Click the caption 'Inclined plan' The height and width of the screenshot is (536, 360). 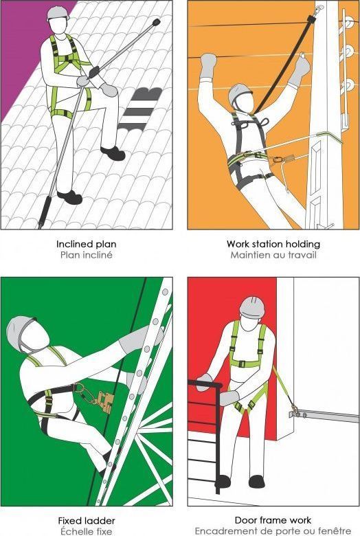tap(86, 244)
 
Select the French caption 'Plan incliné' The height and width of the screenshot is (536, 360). tap(86, 255)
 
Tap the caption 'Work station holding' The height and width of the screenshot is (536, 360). tap(273, 244)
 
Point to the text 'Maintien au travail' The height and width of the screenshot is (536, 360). tap(273, 255)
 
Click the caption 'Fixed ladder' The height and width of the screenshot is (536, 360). tap(86, 521)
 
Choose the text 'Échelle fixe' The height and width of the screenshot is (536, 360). tap(86, 531)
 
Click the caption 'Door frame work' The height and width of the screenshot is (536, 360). tap(273, 520)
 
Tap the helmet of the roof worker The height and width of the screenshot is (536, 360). tap(58, 12)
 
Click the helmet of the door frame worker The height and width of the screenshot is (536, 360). tap(252, 306)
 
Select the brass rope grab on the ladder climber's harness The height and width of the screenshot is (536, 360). tap(105, 402)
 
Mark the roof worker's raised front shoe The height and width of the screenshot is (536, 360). tap(113, 153)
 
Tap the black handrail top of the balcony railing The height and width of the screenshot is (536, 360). tap(205, 383)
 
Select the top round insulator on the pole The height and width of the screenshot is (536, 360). tap(349, 23)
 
